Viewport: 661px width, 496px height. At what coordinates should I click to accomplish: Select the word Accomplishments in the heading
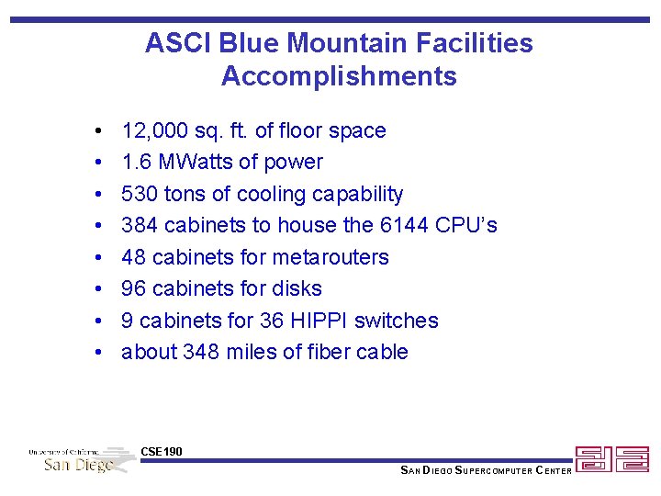[x=339, y=76]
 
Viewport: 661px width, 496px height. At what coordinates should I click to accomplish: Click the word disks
[x=295, y=288]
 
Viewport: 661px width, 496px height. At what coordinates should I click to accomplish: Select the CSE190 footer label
[x=162, y=451]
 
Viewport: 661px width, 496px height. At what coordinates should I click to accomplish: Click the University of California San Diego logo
[x=81, y=459]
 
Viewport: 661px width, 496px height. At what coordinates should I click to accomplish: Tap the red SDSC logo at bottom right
[x=611, y=459]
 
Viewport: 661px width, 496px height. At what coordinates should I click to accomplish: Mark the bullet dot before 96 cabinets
[x=97, y=289]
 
